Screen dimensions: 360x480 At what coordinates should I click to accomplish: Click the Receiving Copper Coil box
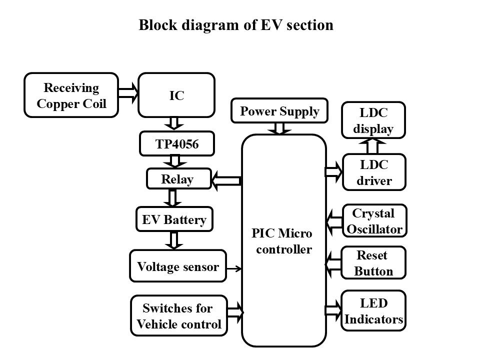[x=71, y=95]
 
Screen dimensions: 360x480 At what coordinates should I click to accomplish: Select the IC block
[x=176, y=95]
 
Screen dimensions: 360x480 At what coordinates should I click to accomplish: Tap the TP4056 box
[x=176, y=144]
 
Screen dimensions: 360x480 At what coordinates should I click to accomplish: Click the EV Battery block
[x=174, y=219]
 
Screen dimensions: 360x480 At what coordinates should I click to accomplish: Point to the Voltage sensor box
[x=178, y=266]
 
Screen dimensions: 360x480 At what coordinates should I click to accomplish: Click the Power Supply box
[x=279, y=111]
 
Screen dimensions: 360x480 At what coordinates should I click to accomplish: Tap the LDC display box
[x=373, y=120]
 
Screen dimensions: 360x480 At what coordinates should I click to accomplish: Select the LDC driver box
[x=373, y=172]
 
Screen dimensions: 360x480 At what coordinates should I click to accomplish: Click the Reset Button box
[x=373, y=263]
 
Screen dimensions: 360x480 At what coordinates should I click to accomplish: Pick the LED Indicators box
[x=373, y=311]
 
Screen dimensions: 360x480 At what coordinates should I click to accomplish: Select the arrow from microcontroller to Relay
[x=226, y=180]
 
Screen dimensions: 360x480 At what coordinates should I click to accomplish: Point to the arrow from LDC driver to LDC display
[x=372, y=146]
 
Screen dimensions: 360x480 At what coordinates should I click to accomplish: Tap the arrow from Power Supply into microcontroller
[x=280, y=128]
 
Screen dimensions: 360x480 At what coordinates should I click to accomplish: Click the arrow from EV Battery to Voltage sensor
[x=174, y=240]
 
